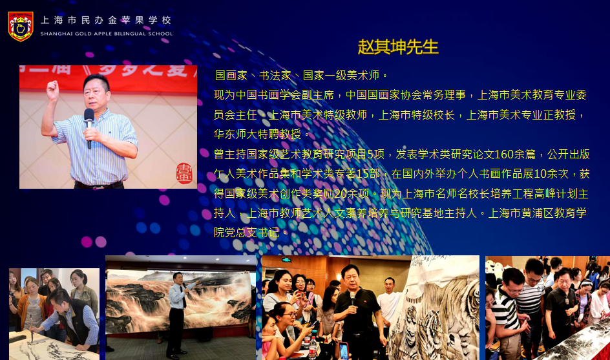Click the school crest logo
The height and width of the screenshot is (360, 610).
click(21, 26)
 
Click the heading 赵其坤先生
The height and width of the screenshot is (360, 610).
click(398, 47)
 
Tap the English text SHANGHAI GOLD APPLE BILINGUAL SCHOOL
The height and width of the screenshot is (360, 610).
click(106, 34)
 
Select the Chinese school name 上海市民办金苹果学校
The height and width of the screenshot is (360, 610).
click(106, 20)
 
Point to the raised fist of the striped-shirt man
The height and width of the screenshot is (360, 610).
click(52, 89)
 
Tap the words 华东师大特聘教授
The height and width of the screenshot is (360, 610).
click(257, 134)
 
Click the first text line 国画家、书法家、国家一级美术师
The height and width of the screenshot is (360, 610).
click(301, 75)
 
